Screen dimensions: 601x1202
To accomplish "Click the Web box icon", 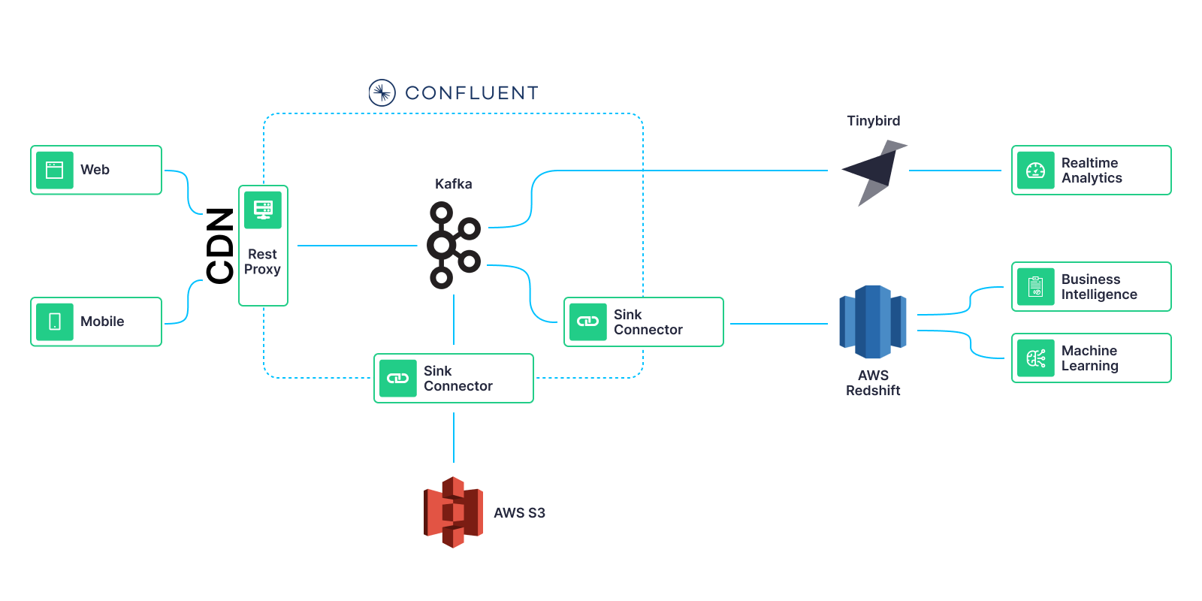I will tap(55, 170).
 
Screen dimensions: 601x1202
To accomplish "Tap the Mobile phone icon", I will tap(55, 322).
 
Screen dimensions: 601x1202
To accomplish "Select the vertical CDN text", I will tap(220, 246).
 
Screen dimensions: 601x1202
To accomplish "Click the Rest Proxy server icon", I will tap(263, 210).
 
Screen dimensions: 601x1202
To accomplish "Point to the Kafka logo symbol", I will tap(453, 245).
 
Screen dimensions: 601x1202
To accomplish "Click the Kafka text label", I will tap(453, 184).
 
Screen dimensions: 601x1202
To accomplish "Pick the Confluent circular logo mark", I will tap(382, 92).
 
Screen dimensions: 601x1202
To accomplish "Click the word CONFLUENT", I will tap(472, 93).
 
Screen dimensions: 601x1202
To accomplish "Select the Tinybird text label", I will tap(873, 121).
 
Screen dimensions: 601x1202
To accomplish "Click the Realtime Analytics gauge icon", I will tap(1035, 171).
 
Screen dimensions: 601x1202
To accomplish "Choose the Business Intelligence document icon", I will tap(1035, 287).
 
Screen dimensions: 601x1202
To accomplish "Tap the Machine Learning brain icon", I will tap(1035, 358).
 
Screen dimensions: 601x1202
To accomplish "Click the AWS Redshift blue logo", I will tap(872, 322).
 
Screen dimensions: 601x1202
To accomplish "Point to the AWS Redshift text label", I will tap(873, 382).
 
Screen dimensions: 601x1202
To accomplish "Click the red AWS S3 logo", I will tap(453, 512).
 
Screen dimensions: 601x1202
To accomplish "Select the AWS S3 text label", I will tap(519, 513).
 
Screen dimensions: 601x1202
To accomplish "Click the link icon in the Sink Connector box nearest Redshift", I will tap(587, 322).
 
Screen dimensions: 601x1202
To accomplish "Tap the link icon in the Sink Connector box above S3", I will tap(397, 378).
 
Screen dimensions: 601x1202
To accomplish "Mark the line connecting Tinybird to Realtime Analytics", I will tap(955, 171).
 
